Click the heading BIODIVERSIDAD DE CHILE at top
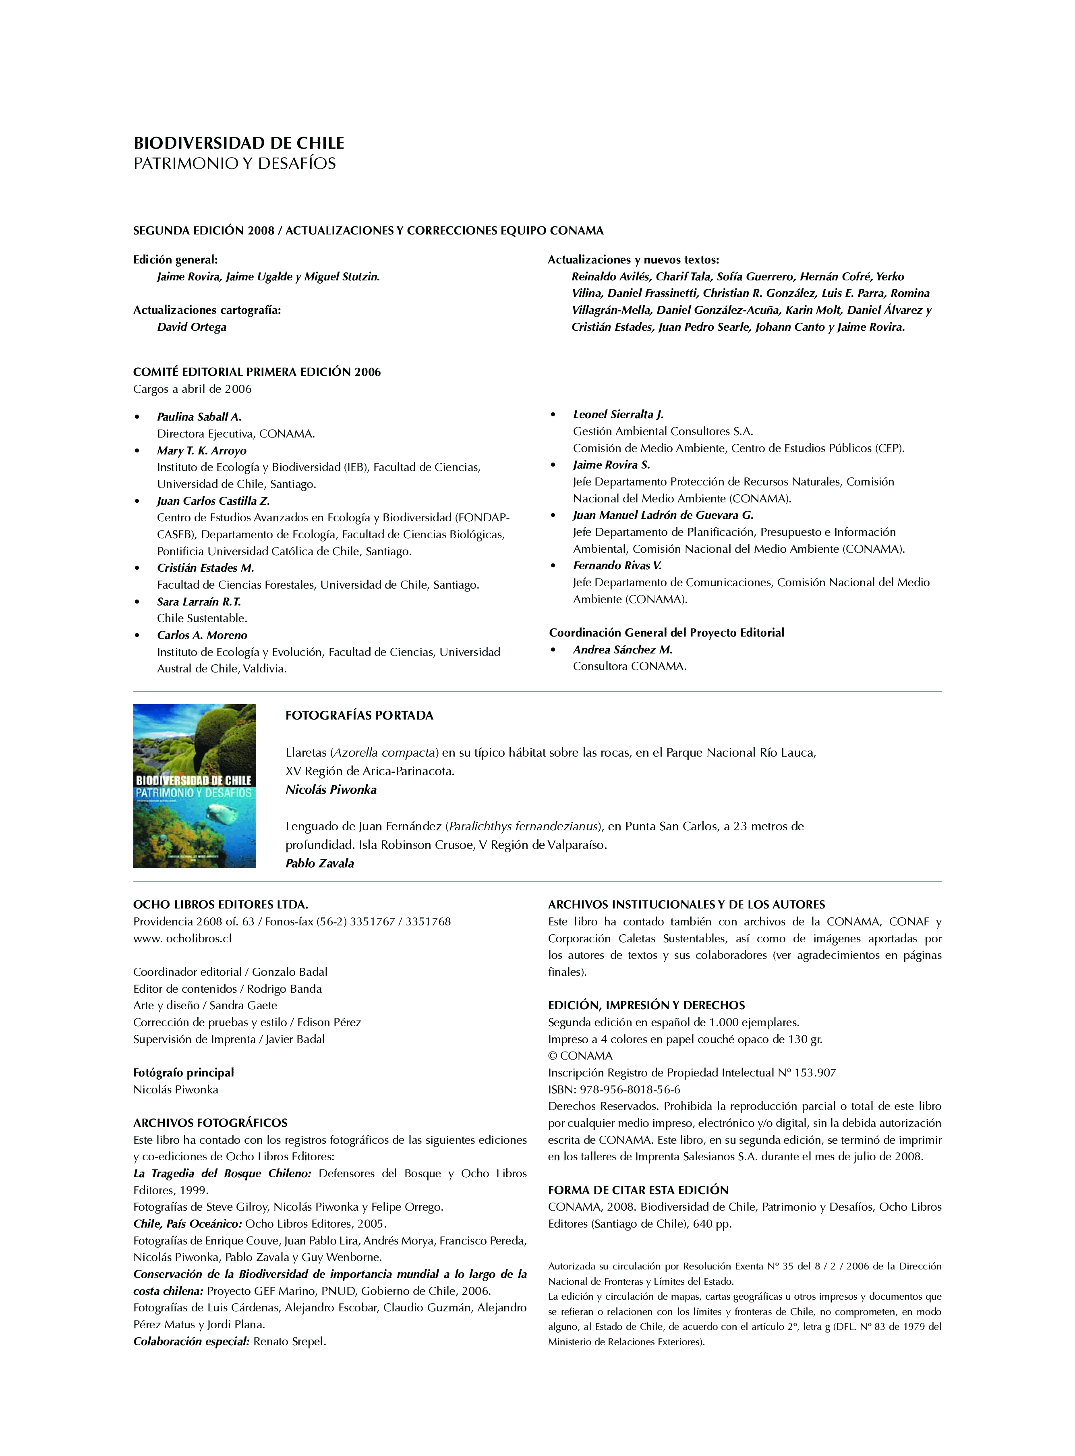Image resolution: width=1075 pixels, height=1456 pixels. tap(239, 143)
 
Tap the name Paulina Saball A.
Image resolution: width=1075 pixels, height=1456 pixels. tap(199, 417)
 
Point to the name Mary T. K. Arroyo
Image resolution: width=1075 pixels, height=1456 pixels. tap(202, 450)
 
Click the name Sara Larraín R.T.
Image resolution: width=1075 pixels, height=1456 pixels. tap(199, 601)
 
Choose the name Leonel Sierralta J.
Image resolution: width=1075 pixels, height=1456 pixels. tap(618, 414)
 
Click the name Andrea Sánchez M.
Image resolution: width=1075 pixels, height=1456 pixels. tap(623, 649)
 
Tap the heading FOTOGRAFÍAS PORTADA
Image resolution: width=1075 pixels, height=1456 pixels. tap(359, 715)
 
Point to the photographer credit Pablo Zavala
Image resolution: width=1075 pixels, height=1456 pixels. tap(319, 863)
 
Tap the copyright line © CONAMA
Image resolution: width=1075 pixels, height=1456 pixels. tap(580, 1056)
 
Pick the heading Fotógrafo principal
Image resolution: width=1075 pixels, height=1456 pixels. tap(184, 1072)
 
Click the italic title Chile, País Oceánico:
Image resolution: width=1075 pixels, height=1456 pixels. tap(187, 1224)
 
